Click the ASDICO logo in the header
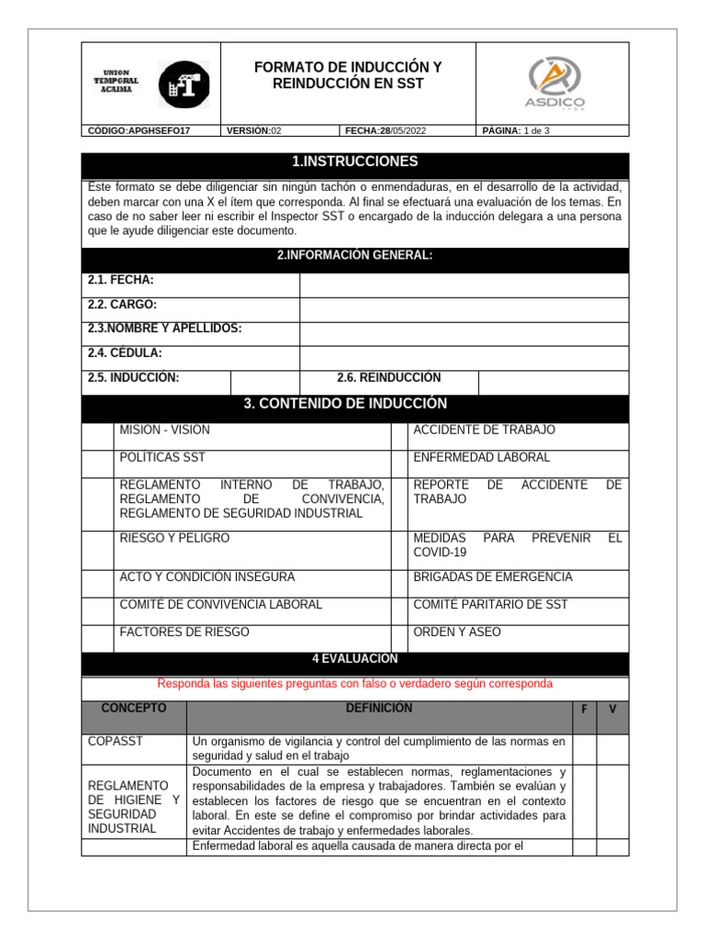click(554, 83)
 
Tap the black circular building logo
click(184, 84)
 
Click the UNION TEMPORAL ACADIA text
click(117, 81)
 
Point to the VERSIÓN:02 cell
click(254, 131)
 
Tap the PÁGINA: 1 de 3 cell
click(516, 131)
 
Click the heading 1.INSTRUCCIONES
click(354, 162)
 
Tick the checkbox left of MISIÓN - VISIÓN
click(97, 436)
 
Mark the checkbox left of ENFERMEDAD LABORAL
click(398, 464)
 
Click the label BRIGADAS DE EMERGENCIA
click(492, 577)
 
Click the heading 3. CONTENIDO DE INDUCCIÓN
click(354, 404)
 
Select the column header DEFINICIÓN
click(378, 709)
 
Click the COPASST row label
click(115, 741)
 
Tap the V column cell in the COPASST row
click(612, 749)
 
